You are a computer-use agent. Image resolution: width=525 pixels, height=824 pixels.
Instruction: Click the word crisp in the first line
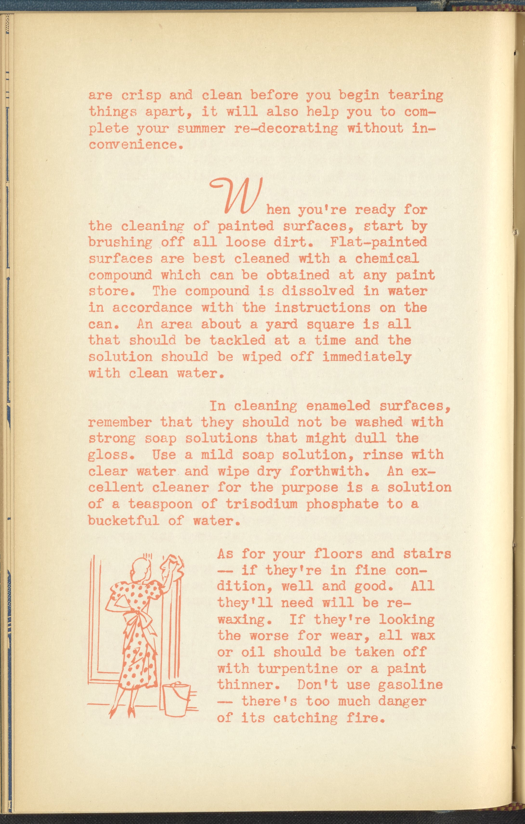(x=141, y=95)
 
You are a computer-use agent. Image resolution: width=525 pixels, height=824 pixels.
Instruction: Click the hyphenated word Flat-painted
(x=379, y=242)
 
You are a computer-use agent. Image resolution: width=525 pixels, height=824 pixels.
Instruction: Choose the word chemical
(x=387, y=258)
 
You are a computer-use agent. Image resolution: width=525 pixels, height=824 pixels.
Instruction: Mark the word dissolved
(x=318, y=291)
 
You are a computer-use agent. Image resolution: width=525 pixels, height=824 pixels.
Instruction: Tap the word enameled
(x=338, y=406)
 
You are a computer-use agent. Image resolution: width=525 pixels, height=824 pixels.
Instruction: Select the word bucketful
(x=124, y=521)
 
